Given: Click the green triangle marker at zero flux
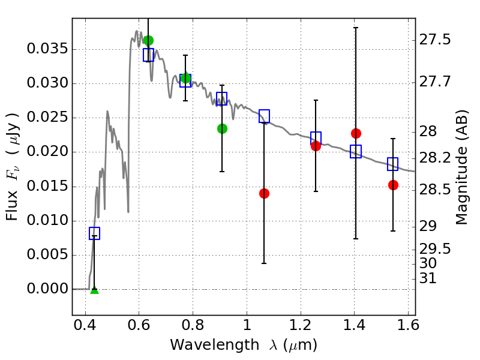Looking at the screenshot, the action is click(95, 290).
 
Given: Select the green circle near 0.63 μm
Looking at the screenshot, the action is click(148, 40).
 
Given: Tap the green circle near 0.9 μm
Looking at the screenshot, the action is click(222, 128).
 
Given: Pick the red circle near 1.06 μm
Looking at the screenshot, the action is click(264, 193).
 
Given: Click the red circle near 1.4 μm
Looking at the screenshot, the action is click(356, 133).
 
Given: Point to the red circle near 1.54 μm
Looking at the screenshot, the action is click(394, 185).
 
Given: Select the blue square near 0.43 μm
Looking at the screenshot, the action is click(94, 233).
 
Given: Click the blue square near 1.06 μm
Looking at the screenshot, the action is click(264, 116).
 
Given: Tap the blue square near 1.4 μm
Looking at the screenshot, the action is click(356, 151).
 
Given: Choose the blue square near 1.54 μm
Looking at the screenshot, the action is click(393, 164).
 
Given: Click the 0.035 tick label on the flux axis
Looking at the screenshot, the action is click(47, 49).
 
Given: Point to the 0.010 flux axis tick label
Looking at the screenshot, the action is click(47, 220).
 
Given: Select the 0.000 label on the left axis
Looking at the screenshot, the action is click(47, 289).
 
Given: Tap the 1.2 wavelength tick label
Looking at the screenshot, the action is click(301, 325).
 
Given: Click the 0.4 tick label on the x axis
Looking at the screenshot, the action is click(85, 325).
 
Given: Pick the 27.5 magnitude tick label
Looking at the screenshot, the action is click(434, 40).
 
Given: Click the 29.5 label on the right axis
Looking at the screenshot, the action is click(434, 249).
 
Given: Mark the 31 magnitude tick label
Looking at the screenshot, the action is click(428, 278).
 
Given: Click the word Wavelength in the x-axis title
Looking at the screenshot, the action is click(215, 345).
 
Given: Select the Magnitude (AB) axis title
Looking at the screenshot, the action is click(462, 167).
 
